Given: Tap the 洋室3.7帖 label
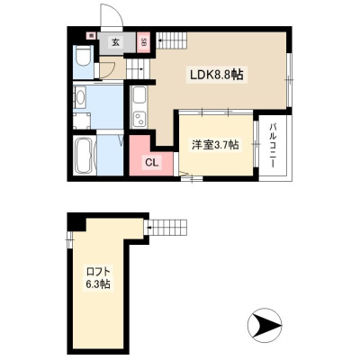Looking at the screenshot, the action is point(215,145).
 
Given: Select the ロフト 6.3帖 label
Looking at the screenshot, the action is point(98,278).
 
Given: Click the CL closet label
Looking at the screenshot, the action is point(151,162).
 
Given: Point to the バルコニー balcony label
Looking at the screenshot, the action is point(273,146).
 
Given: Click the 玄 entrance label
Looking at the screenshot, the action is point(115,42).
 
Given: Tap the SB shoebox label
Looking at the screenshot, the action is point(143,43).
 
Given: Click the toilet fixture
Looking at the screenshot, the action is point(84,56).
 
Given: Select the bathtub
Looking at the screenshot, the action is point(85,156).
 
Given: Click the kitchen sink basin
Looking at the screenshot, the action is point(139,95).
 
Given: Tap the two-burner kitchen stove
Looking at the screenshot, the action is point(139,119).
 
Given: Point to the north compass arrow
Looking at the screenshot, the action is point(265,324).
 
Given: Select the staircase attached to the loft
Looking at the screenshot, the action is point(166,228).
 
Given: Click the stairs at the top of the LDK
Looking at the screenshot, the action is point(171,40).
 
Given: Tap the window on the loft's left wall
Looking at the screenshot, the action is point(69,239).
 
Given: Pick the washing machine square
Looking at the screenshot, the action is point(82,121).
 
